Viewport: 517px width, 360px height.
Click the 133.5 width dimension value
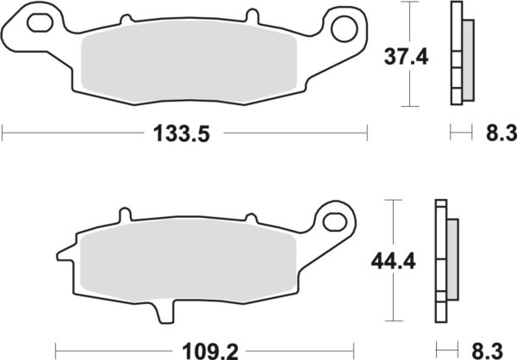(182, 133)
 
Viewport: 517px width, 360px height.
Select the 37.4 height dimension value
(405, 59)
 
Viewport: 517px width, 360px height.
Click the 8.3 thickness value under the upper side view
(496, 133)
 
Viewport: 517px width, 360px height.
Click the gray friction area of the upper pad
(190, 65)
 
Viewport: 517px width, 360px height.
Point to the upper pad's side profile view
(461, 55)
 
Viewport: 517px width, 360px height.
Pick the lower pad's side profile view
(446, 258)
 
